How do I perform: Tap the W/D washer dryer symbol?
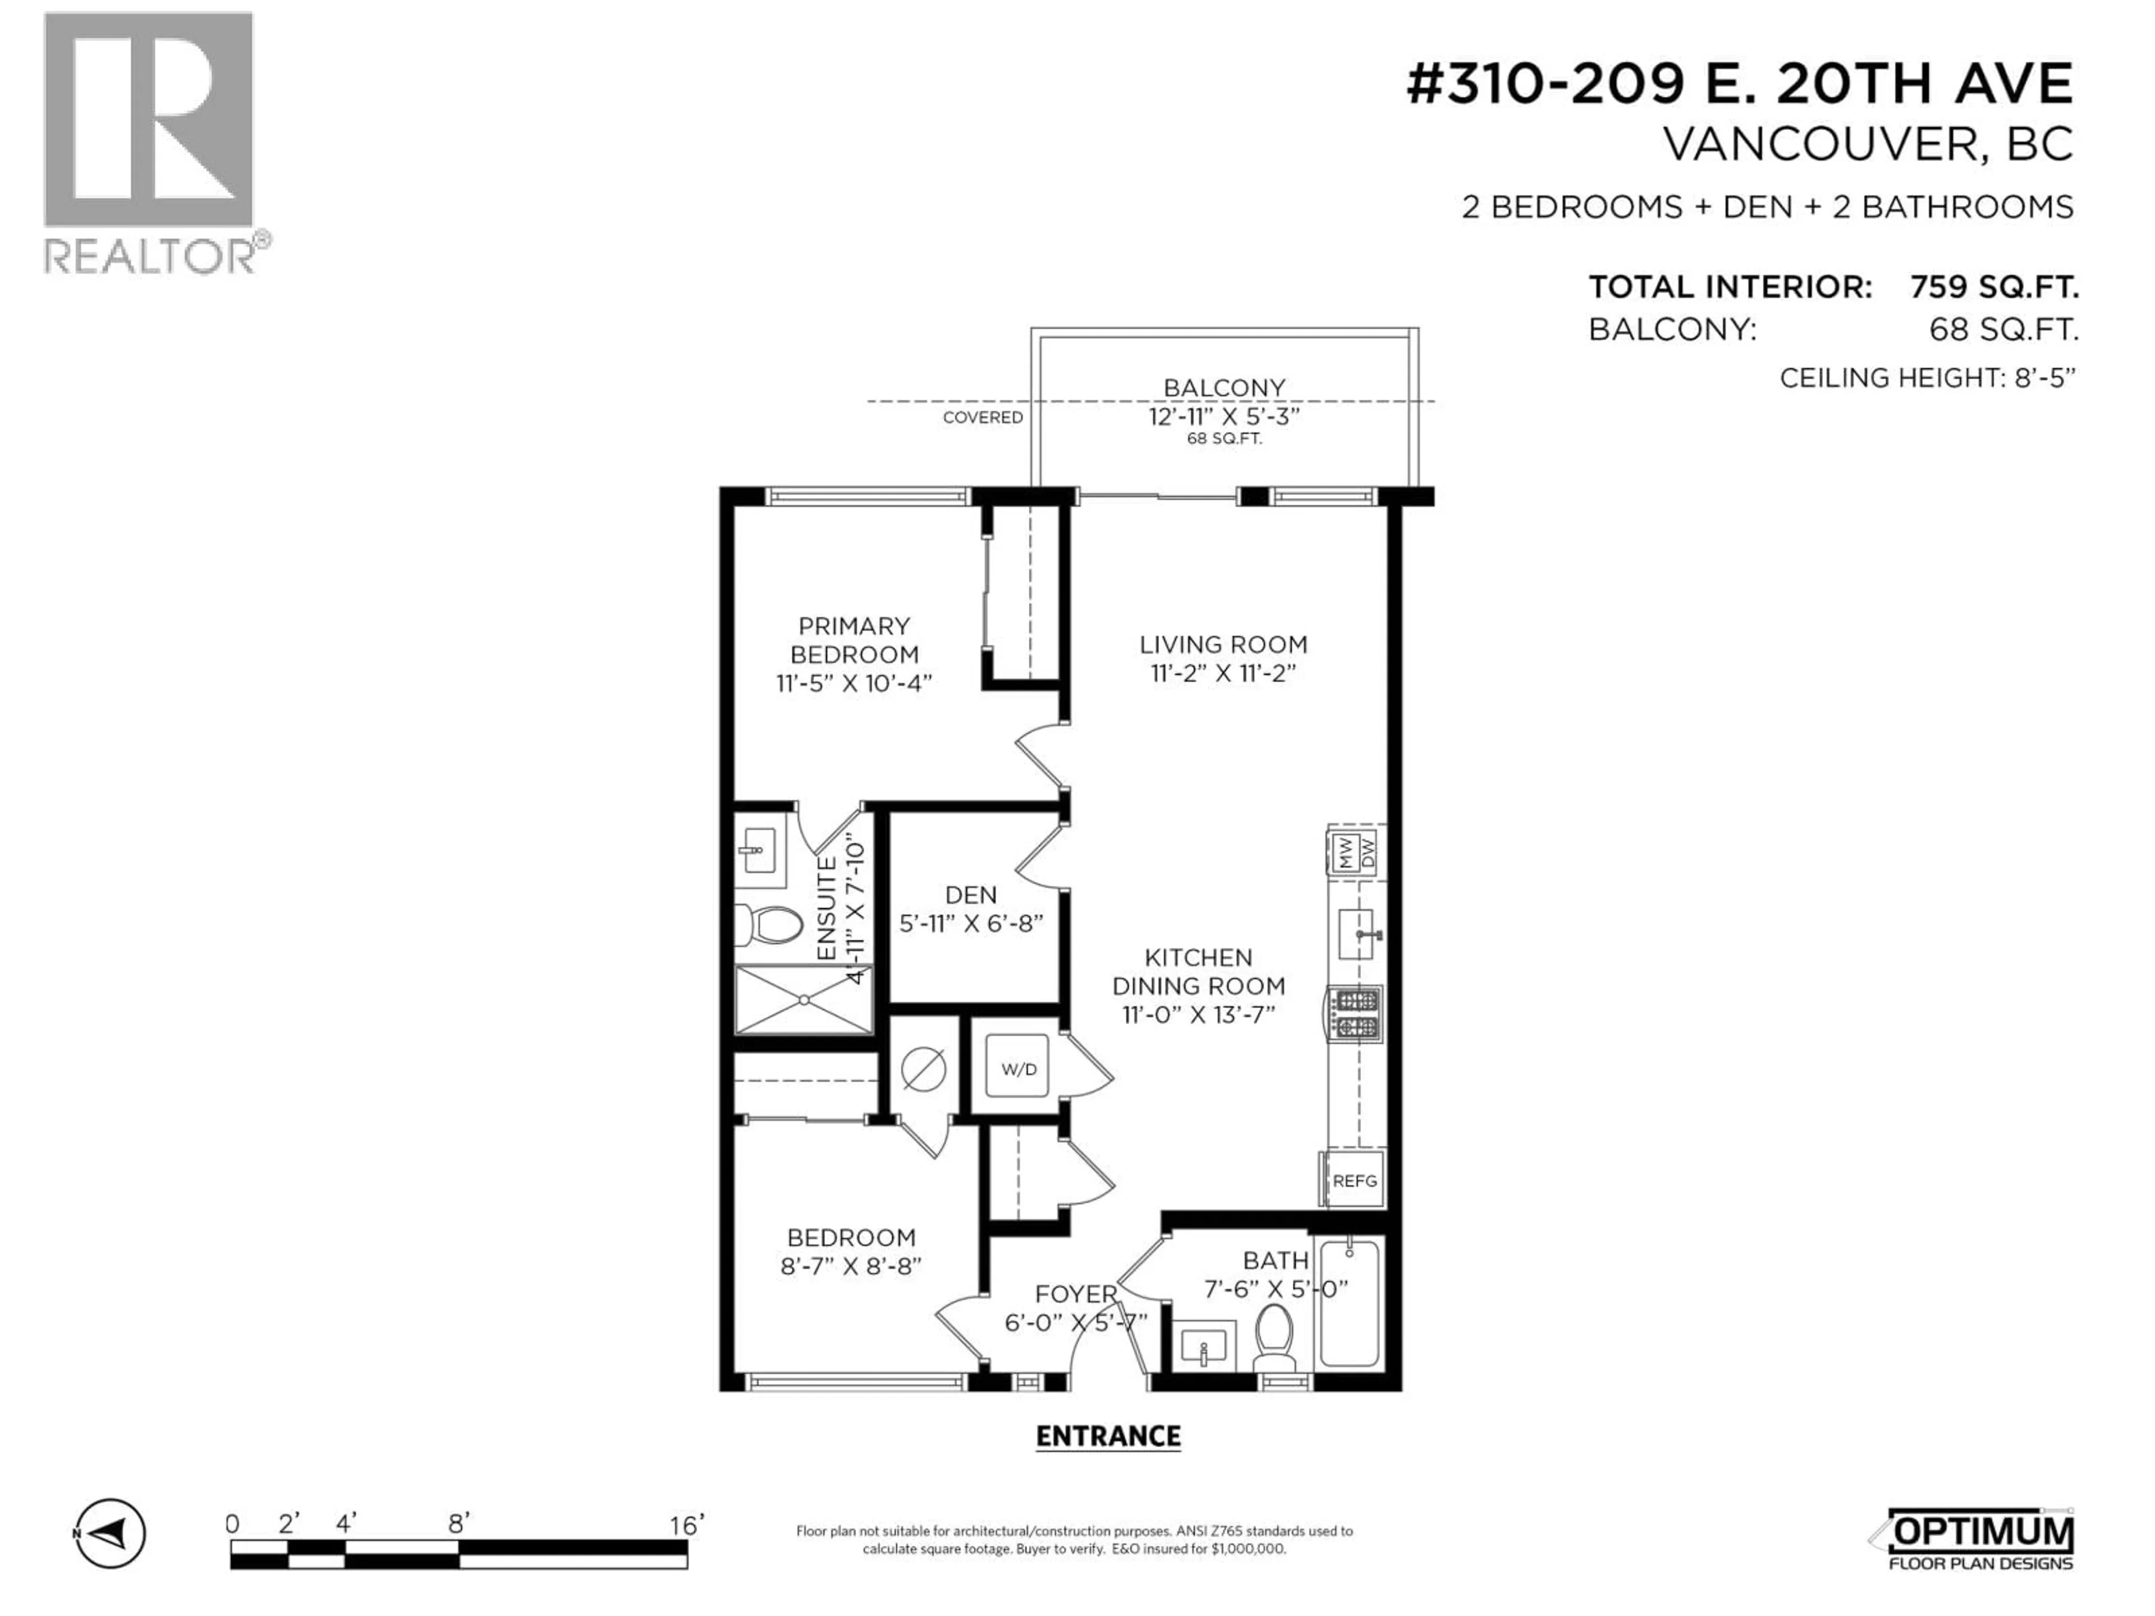pyautogui.click(x=1018, y=1068)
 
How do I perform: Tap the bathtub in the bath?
pyautogui.click(x=1349, y=1302)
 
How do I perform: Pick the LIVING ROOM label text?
pyautogui.click(x=1223, y=644)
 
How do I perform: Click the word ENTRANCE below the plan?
pyautogui.click(x=1108, y=1436)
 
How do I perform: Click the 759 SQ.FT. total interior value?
pyautogui.click(x=1993, y=287)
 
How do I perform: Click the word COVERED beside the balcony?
pyautogui.click(x=982, y=417)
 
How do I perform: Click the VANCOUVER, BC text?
pyautogui.click(x=1867, y=144)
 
